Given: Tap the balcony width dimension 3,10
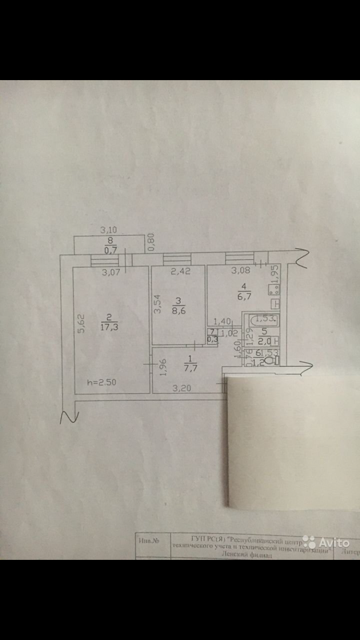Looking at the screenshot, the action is click(109, 230).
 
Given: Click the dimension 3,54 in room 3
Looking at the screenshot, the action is click(156, 304).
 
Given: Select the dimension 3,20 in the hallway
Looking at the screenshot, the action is click(182, 388).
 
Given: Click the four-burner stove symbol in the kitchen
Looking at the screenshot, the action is click(275, 290).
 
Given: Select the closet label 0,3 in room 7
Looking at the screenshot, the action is click(212, 340).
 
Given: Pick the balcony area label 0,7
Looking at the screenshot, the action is click(111, 250).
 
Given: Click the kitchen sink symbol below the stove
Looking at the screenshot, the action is click(276, 304).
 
